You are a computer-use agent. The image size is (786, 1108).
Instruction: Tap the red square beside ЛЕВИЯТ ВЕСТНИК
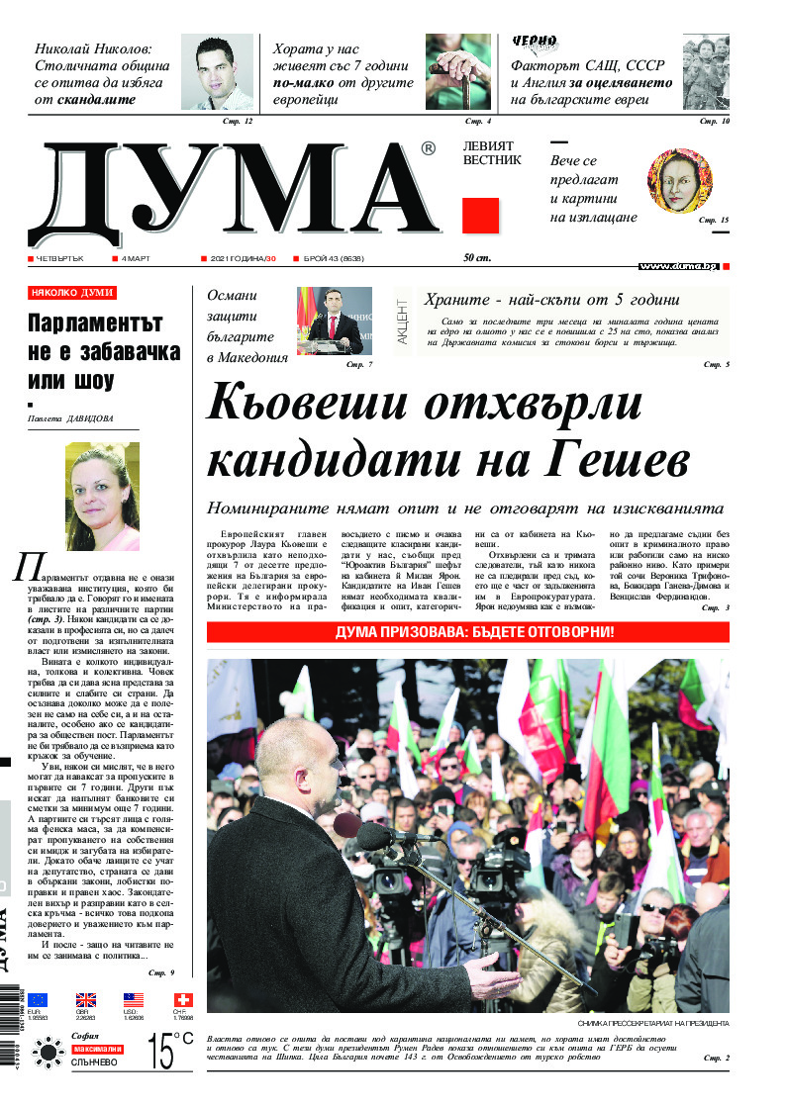(x=480, y=216)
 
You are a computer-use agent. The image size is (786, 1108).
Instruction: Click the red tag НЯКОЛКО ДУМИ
(x=72, y=293)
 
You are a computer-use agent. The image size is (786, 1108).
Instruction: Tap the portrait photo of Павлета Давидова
(x=102, y=498)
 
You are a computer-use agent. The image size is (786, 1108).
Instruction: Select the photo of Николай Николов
(x=217, y=71)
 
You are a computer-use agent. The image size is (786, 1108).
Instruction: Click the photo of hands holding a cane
(x=458, y=71)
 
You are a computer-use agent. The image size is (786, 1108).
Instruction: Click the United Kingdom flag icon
(x=86, y=1000)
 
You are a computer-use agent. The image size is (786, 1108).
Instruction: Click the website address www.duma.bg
(x=678, y=266)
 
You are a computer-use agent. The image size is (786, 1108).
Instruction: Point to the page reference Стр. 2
(x=715, y=1058)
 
